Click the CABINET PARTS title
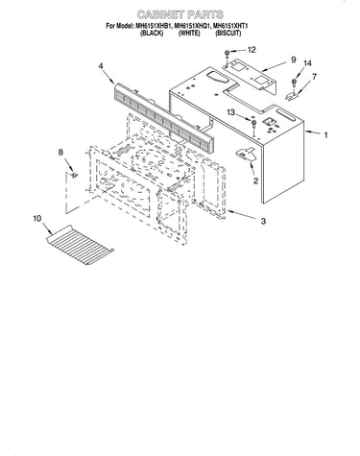[x=180, y=14]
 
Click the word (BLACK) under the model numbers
[x=152, y=34]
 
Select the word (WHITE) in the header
[x=189, y=34]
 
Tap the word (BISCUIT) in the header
[x=228, y=34]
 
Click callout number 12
[x=252, y=50]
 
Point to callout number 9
[x=293, y=60]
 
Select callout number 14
[x=307, y=63]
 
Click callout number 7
[x=314, y=77]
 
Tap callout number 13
[x=230, y=112]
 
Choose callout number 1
[x=325, y=135]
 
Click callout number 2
[x=255, y=181]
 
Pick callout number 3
[x=263, y=221]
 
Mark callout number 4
[x=101, y=66]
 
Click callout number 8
[x=60, y=153]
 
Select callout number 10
[x=36, y=219]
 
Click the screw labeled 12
[x=227, y=54]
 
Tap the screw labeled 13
[x=253, y=124]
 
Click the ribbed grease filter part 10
[x=80, y=245]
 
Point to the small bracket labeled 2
[x=246, y=155]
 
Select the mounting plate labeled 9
[x=250, y=75]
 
